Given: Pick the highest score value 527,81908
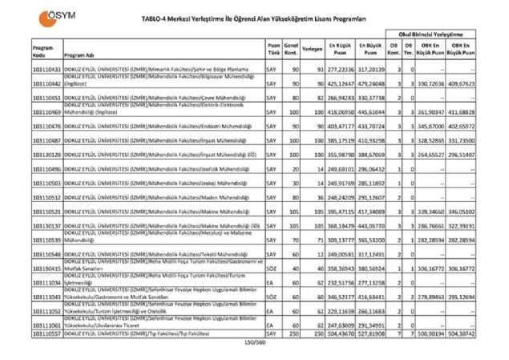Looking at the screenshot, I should click(x=372, y=332).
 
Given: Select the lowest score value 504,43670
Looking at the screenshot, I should click(x=341, y=332).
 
